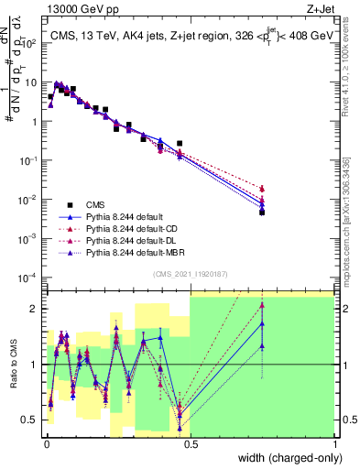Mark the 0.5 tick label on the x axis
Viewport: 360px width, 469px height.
tap(190, 445)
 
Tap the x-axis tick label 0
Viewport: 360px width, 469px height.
tap(45, 445)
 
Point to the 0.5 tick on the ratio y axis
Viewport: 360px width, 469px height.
tap(32, 420)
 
